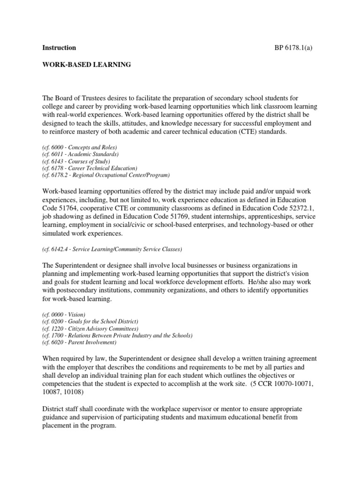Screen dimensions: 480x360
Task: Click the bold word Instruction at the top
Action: (x=59, y=48)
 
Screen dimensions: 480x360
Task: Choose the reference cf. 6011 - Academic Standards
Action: (x=81, y=154)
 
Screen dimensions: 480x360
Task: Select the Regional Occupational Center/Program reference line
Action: (x=106, y=175)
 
